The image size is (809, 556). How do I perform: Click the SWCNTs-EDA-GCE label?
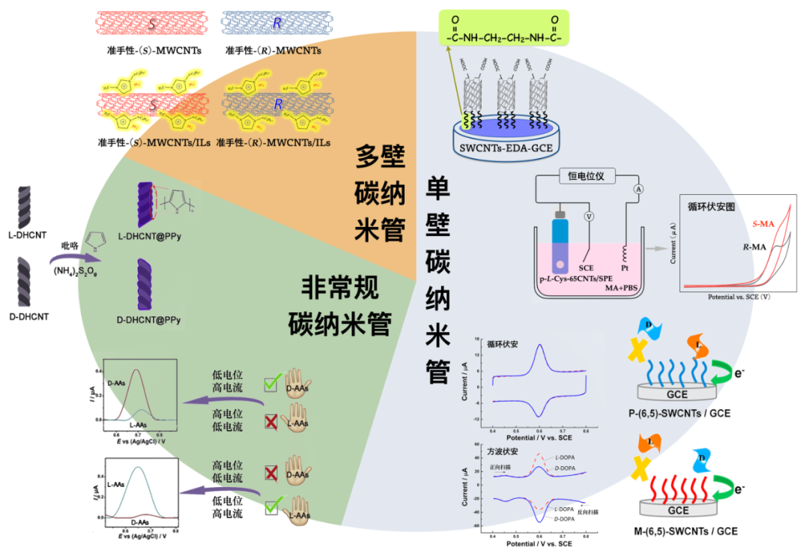(501, 149)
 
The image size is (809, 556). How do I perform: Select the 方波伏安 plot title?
(502, 452)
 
